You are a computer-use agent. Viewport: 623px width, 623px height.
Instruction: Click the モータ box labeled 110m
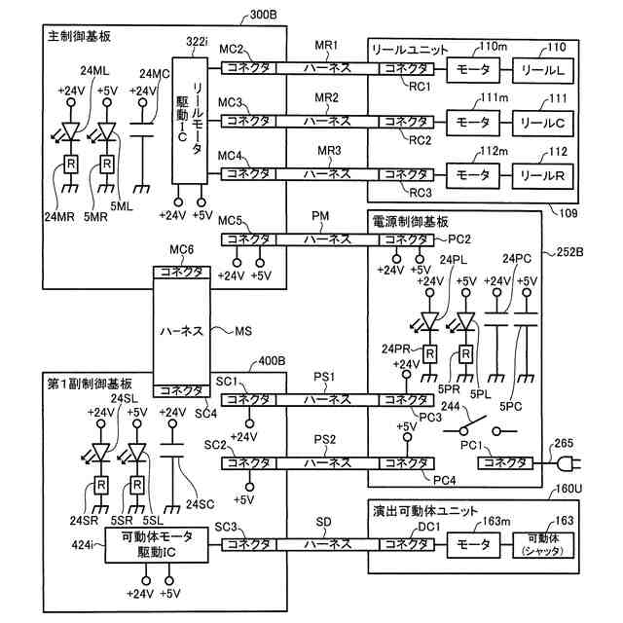coord(474,69)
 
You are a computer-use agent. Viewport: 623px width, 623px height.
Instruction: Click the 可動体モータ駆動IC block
coord(157,544)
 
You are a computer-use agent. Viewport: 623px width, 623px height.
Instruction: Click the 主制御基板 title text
coord(79,36)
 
